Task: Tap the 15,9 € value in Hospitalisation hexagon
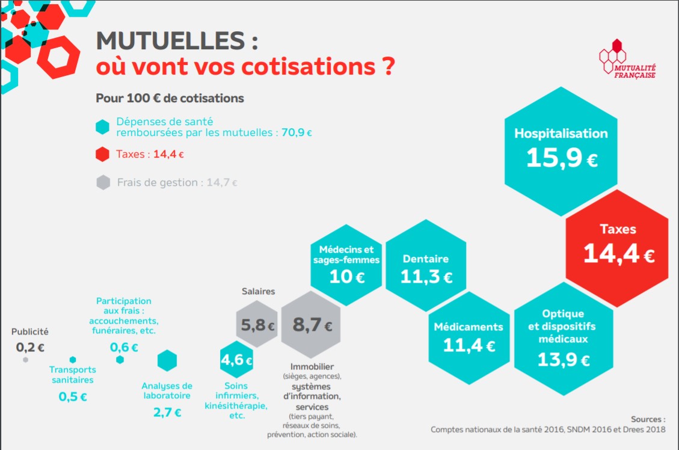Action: pyautogui.click(x=562, y=158)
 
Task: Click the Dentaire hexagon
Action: pyautogui.click(x=426, y=268)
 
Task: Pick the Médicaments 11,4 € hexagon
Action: pyautogui.click(x=469, y=337)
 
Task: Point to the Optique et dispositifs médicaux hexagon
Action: pyautogui.click(x=564, y=339)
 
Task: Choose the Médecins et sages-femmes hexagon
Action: pyautogui.click(x=346, y=264)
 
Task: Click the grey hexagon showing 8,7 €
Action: pyautogui.click(x=312, y=325)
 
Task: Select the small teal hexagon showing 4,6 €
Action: pyautogui.click(x=236, y=360)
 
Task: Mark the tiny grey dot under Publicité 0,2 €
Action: pyautogui.click(x=25, y=360)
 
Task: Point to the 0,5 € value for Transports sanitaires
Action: pyautogui.click(x=72, y=397)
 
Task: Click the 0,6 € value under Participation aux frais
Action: pyautogui.click(x=124, y=347)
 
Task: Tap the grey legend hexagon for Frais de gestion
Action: pyautogui.click(x=103, y=182)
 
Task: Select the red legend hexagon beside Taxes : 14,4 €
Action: pyautogui.click(x=103, y=154)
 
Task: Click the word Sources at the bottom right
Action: pyautogui.click(x=648, y=419)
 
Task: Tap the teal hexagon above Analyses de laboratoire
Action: pyautogui.click(x=167, y=360)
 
